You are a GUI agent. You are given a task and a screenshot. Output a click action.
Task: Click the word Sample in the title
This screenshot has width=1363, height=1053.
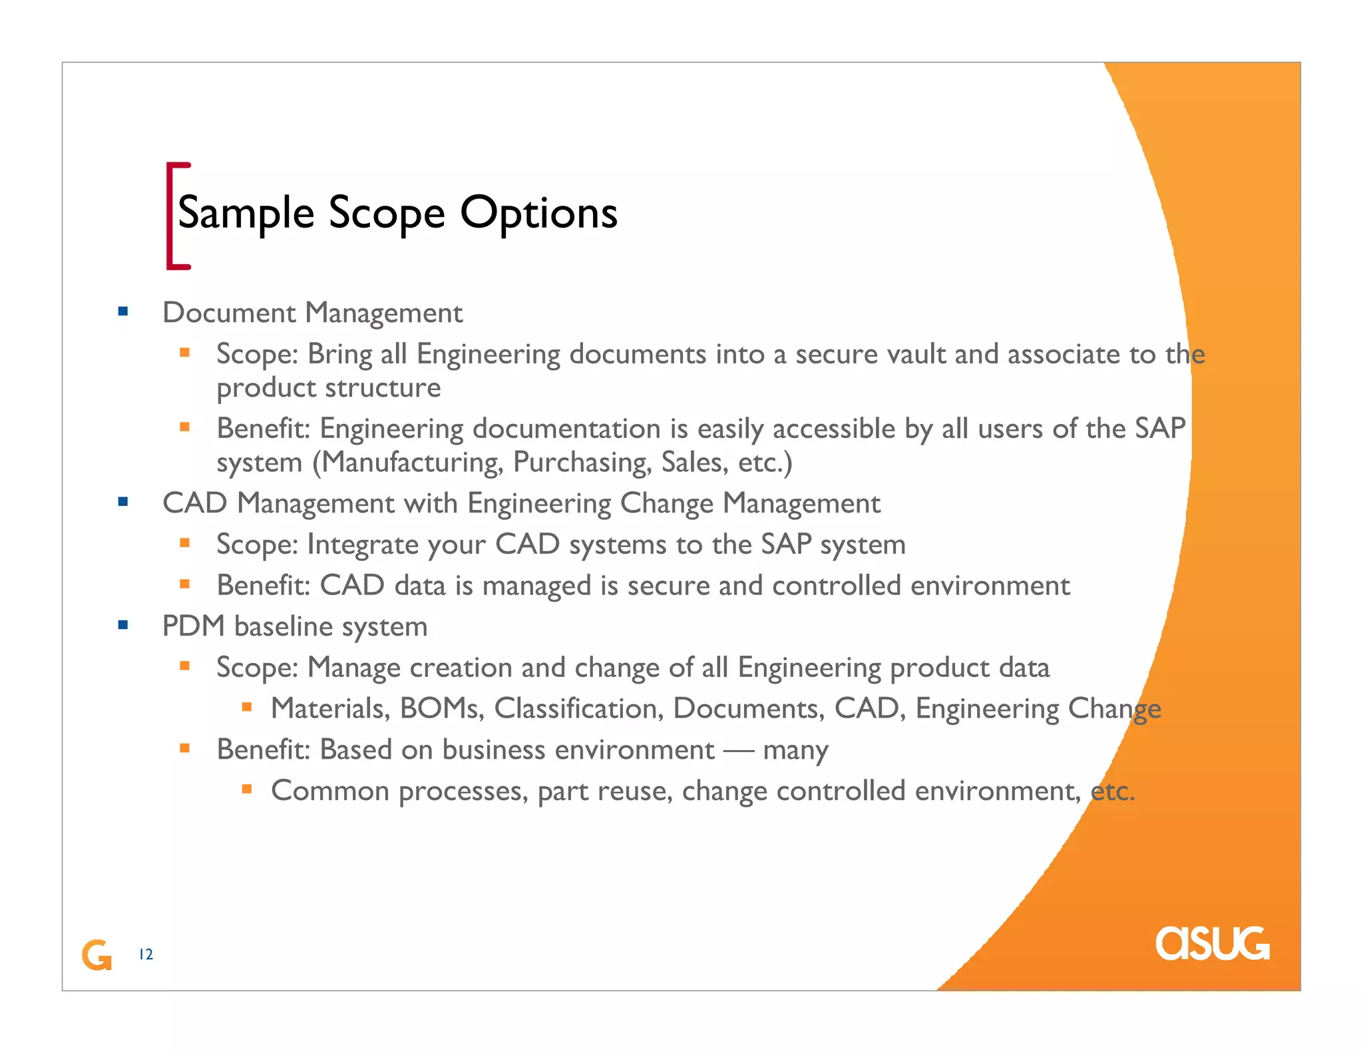[246, 214]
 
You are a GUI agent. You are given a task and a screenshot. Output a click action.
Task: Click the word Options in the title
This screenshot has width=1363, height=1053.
[538, 214]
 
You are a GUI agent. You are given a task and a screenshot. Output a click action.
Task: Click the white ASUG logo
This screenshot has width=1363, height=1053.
[1212, 943]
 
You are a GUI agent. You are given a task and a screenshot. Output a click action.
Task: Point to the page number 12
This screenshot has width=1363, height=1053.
[146, 954]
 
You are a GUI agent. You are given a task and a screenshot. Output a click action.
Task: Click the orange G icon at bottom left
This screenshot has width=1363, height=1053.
[97, 955]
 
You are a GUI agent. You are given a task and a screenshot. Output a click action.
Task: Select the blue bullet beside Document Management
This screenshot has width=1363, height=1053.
[122, 311]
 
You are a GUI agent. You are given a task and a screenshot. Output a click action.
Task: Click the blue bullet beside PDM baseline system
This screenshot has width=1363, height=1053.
[122, 624]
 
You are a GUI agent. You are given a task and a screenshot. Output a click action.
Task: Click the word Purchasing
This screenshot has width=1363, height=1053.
[582, 462]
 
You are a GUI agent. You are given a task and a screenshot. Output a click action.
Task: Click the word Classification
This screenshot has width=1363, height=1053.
[578, 708]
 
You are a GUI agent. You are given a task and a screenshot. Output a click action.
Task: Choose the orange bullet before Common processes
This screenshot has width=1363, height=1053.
[247, 789]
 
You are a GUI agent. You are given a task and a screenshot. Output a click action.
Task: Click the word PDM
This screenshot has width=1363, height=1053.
[194, 626]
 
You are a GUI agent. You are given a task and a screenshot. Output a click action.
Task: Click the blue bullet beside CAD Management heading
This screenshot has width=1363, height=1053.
[122, 501]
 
